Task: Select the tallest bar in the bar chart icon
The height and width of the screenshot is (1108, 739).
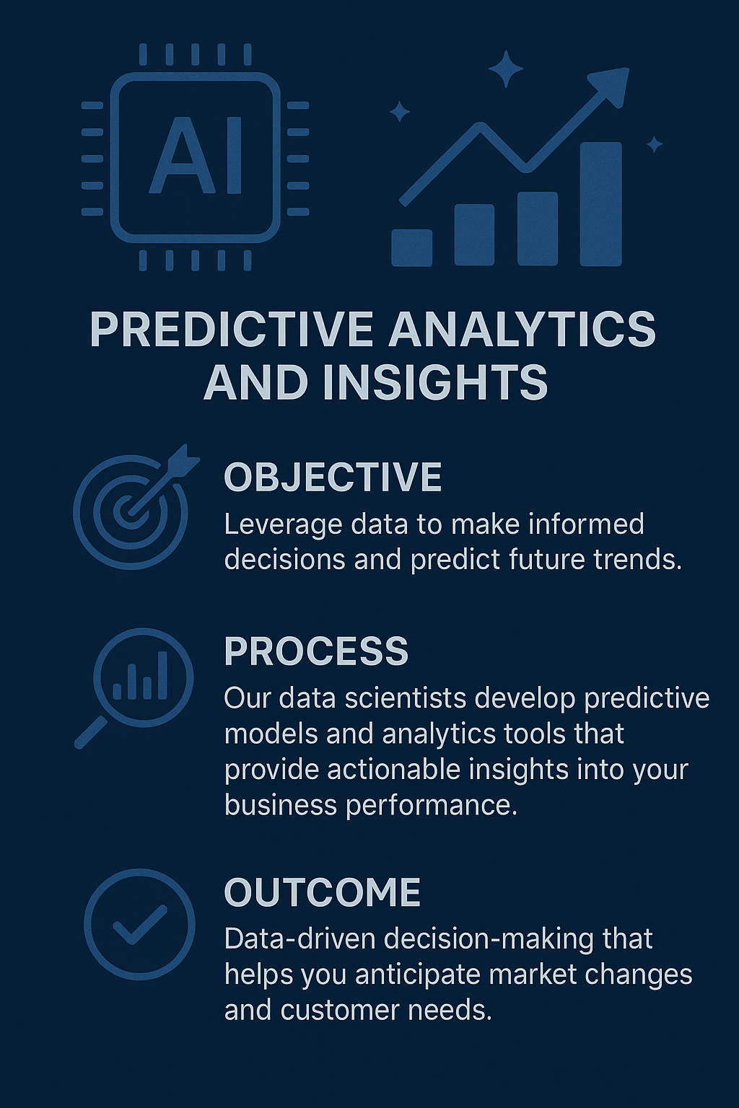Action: click(601, 204)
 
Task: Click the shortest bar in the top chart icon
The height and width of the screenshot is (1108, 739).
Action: click(412, 247)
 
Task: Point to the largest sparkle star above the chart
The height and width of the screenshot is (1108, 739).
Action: click(506, 69)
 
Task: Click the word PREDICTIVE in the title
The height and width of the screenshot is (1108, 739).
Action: click(231, 330)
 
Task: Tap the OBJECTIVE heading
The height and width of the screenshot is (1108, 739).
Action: click(333, 477)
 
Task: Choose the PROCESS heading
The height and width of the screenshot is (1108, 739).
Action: click(316, 651)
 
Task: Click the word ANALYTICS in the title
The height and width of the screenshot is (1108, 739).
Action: click(522, 330)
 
